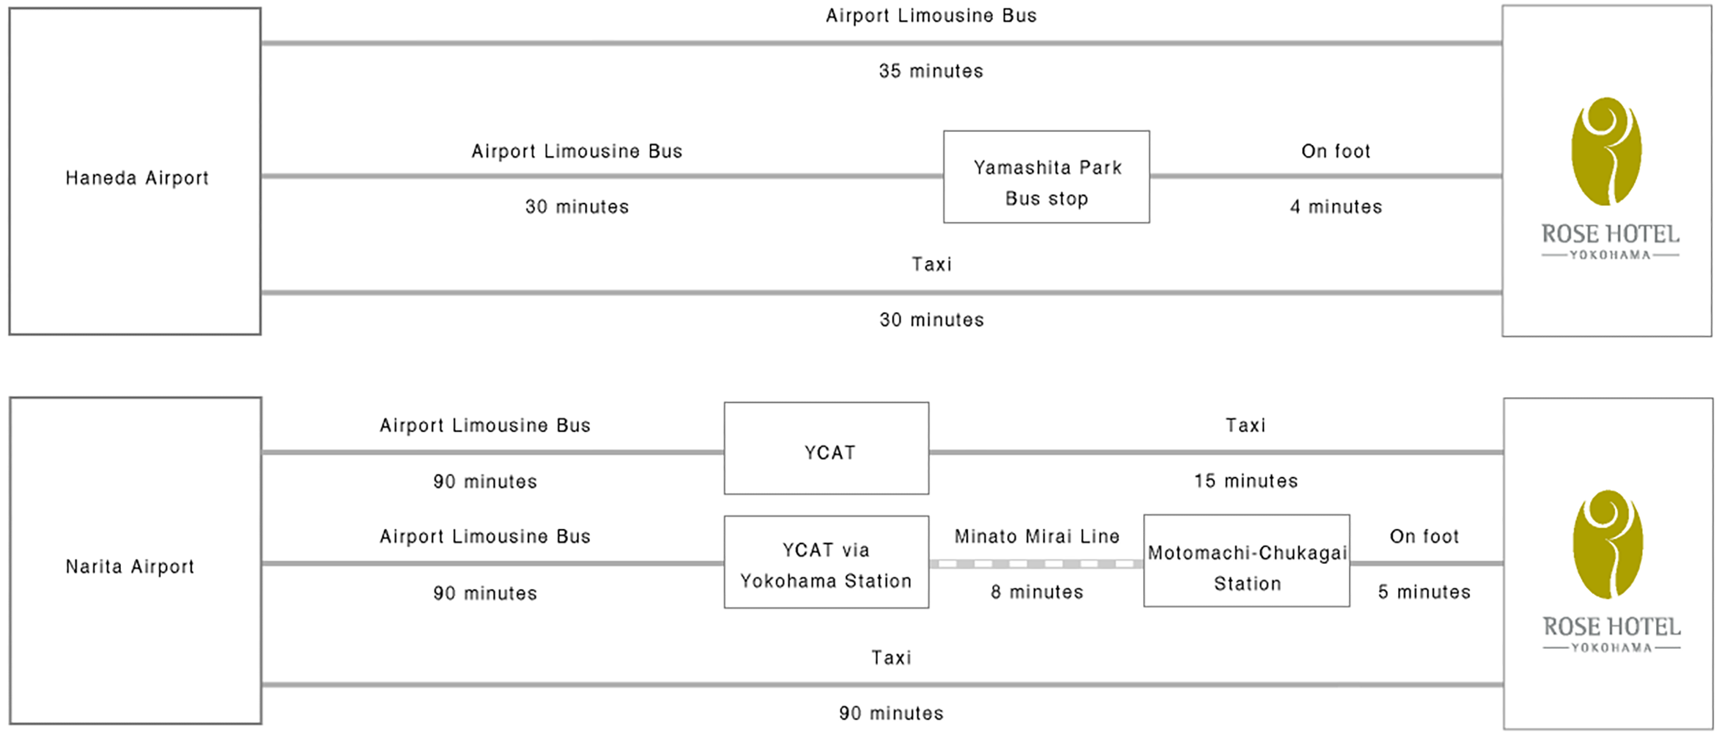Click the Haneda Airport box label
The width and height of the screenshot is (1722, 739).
[137, 178]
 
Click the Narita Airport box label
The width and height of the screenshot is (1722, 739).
[129, 566]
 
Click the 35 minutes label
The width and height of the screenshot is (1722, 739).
[931, 71]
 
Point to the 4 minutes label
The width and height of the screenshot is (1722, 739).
[1336, 207]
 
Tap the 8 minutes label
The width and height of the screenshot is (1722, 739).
[1037, 592]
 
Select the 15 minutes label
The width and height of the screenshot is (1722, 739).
[1246, 480]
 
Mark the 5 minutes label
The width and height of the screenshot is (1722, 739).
[1424, 592]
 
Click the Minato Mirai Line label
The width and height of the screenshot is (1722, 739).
[1037, 536]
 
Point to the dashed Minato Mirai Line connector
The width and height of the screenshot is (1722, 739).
[1036, 564]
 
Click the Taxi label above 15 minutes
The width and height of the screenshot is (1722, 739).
[1246, 425]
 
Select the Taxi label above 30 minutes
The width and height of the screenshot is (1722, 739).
[932, 264]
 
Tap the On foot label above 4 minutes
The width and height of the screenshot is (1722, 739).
[1336, 151]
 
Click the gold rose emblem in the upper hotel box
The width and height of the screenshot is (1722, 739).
[1607, 151]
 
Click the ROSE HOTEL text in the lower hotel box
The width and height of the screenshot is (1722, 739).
[1611, 626]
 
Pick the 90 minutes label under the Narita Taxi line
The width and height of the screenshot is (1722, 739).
[891, 713]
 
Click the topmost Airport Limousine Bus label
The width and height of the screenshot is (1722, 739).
[931, 16]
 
